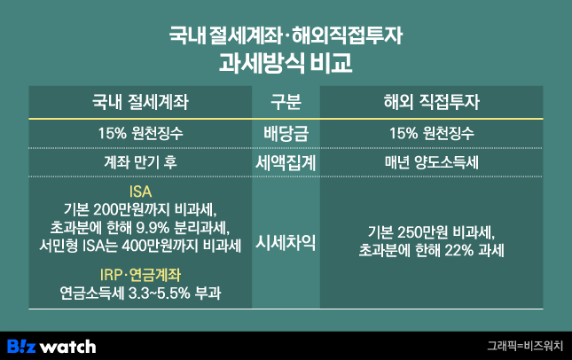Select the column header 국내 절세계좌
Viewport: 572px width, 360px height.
(140, 101)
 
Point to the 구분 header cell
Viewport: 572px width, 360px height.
(286, 101)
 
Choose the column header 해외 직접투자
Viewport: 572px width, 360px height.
(432, 101)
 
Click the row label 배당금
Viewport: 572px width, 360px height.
(286, 133)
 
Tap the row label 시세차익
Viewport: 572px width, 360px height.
(286, 242)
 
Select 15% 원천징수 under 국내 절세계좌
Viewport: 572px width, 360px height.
(140, 133)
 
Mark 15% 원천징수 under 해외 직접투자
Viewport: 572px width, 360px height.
(432, 133)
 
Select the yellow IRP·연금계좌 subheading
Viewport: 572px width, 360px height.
(140, 272)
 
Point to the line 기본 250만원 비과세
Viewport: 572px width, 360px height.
(432, 233)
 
